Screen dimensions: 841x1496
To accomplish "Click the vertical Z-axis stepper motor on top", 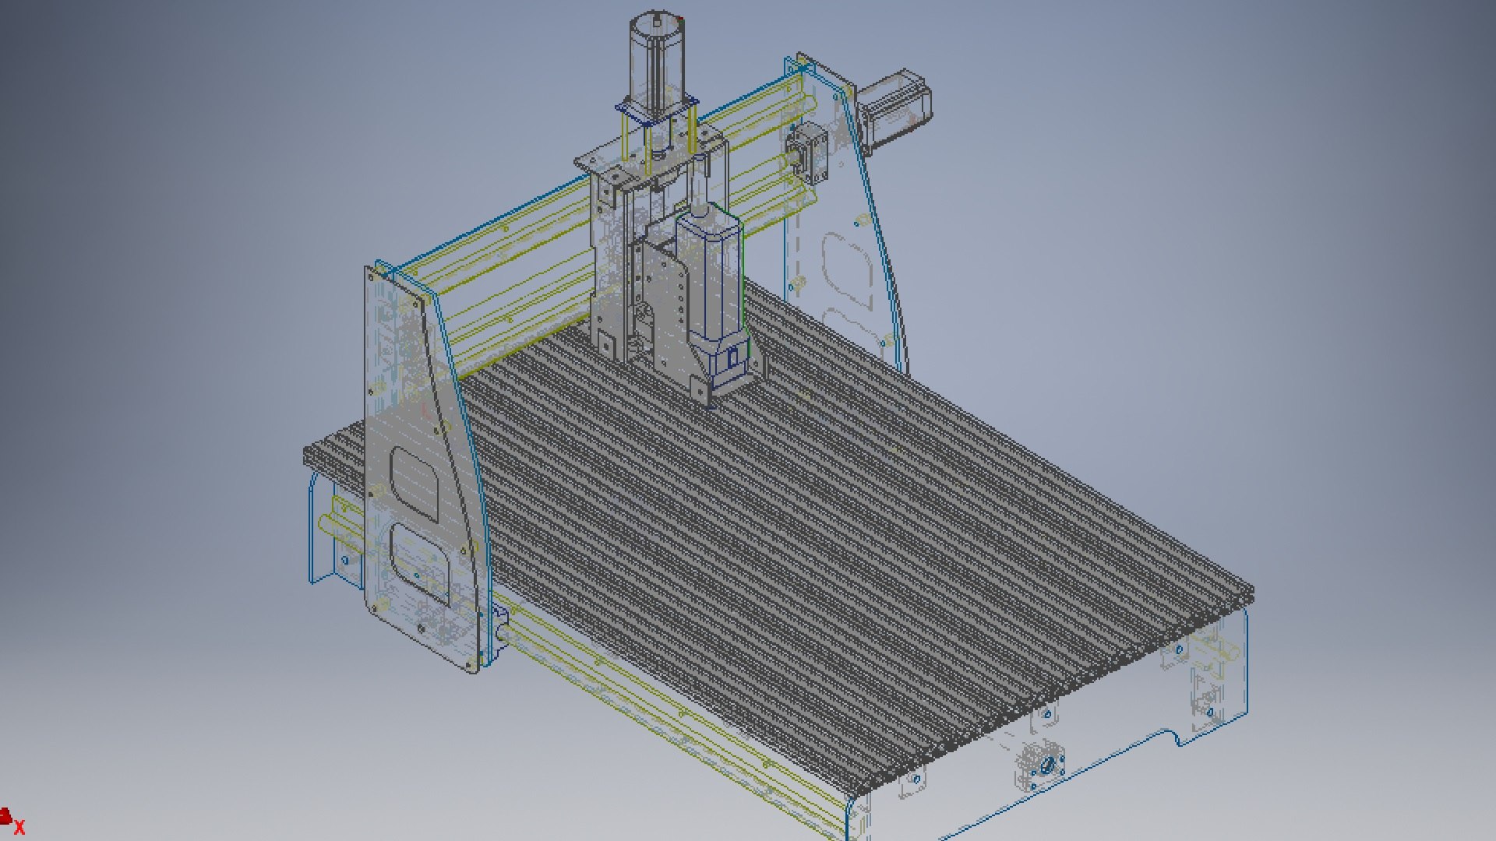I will pyautogui.click(x=657, y=58).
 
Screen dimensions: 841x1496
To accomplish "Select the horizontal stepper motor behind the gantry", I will pyautogui.click(x=896, y=109).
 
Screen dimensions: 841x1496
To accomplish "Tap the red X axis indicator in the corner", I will pyautogui.click(x=19, y=828).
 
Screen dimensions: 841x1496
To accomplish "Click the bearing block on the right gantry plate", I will pyautogui.click(x=806, y=153).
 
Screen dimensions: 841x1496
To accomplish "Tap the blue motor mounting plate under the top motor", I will pyautogui.click(x=656, y=111).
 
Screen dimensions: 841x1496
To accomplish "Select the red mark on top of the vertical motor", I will pyautogui.click(x=679, y=18).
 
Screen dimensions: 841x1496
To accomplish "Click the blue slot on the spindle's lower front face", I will pyautogui.click(x=732, y=359).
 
